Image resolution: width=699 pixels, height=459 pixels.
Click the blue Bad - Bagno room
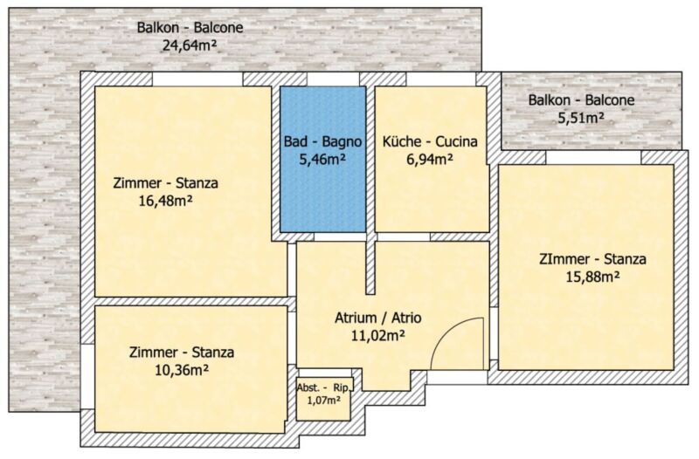coord(322,159)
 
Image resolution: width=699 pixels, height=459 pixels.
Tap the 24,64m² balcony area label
coord(190,45)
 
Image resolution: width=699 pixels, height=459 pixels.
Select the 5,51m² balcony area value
coord(581,118)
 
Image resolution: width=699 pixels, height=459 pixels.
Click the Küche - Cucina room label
coord(430,141)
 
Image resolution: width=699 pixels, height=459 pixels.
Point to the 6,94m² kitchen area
coord(430,159)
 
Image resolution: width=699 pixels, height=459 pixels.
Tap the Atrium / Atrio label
coord(377,318)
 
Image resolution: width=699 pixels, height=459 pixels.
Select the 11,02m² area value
coord(378,335)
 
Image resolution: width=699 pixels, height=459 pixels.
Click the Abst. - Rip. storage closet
coord(324,399)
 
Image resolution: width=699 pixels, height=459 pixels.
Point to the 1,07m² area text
coord(324,401)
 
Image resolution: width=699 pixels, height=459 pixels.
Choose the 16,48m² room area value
coord(165,201)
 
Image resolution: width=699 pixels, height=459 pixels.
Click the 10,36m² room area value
coord(182,370)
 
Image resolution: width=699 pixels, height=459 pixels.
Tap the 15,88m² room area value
coord(592,277)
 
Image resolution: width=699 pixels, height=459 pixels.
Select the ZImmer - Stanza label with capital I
coord(592,259)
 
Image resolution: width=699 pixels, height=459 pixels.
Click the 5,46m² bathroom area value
coord(322,159)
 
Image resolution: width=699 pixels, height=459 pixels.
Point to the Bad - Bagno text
coord(322,141)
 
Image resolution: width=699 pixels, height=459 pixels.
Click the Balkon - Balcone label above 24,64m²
coord(190,28)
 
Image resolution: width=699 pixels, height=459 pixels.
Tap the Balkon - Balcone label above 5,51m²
coord(581,100)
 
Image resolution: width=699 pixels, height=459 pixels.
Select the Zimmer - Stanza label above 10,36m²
coord(182,353)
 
